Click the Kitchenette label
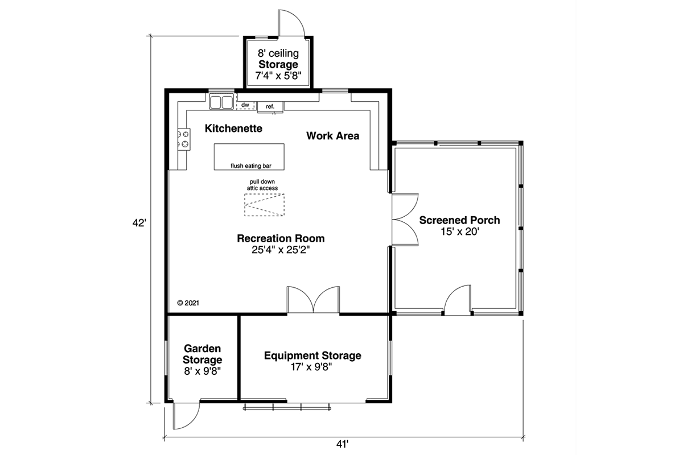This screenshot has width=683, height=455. click(x=233, y=129)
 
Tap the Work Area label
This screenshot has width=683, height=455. click(x=332, y=136)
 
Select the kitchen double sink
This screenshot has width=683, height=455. click(x=221, y=102)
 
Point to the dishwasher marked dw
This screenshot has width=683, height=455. click(x=245, y=105)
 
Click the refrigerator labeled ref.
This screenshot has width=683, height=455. click(x=270, y=107)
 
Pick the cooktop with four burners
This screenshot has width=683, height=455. click(x=184, y=139)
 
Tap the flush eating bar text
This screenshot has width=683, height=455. click(x=251, y=166)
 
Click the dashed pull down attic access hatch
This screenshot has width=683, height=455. click(x=264, y=205)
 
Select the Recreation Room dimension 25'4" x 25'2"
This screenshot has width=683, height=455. click(x=281, y=250)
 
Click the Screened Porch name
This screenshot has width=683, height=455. click(x=459, y=220)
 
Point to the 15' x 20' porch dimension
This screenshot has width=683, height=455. click(x=460, y=232)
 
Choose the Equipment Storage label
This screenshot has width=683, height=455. click(x=312, y=355)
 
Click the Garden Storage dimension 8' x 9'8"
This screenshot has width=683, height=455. click(x=203, y=371)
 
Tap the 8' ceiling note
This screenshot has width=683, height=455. click(x=278, y=53)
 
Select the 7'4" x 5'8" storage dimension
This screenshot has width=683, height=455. click(x=278, y=76)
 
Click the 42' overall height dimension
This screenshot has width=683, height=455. click(x=139, y=223)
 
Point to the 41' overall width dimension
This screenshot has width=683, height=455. click(x=342, y=444)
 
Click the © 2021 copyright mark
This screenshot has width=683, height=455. click(x=188, y=303)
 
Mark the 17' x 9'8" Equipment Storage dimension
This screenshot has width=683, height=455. click(x=311, y=367)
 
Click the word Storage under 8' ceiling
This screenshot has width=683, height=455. click(x=278, y=65)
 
